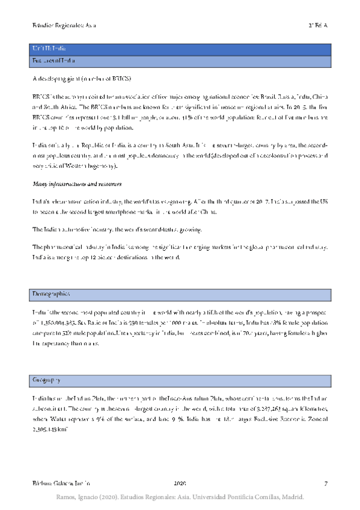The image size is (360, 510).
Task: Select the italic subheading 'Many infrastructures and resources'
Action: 74,185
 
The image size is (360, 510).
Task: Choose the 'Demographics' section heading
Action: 51,294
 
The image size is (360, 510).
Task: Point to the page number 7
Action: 325,484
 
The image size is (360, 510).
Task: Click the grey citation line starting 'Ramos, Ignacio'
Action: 180,497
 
